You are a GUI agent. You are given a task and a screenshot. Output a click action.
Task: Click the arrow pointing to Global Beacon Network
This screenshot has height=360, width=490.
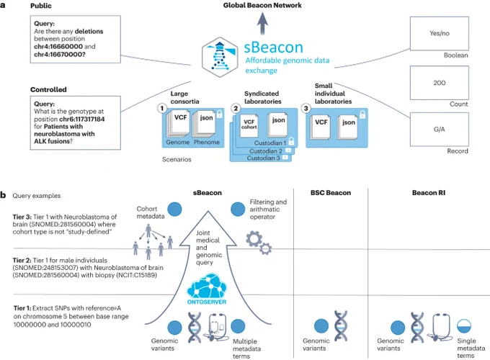pos(262,23)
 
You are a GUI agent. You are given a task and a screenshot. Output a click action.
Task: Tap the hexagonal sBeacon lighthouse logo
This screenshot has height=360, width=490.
pos(220,57)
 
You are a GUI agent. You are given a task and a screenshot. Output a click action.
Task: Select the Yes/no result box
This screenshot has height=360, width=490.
pos(439,33)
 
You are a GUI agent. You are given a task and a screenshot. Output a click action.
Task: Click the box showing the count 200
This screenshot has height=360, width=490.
pos(439,83)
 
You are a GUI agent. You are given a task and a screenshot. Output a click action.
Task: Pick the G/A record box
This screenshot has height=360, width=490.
pos(439,130)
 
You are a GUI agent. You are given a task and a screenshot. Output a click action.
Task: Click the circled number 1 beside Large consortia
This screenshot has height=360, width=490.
pos(162,109)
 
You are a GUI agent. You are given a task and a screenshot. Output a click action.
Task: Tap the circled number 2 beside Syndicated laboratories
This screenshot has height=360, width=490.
pos(236,108)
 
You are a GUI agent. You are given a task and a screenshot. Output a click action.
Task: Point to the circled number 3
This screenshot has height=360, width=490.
pos(306,108)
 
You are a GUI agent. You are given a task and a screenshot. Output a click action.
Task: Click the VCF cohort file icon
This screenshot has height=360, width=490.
pos(249,125)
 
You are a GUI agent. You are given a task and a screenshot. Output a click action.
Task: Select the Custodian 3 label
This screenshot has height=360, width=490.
pos(263,158)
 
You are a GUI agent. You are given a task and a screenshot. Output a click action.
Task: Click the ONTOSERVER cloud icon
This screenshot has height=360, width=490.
pos(207,288)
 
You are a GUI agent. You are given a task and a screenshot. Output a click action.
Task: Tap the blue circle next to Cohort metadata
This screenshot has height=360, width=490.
pos(174,210)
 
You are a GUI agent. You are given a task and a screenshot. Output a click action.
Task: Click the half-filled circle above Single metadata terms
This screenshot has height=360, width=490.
pos(464,326)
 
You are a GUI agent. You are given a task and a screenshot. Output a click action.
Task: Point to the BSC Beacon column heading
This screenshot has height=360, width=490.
pos(331,193)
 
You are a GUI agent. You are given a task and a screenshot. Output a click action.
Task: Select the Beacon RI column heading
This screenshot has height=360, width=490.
pos(429,193)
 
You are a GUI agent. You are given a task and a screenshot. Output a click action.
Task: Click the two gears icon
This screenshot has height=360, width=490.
pos(259,243)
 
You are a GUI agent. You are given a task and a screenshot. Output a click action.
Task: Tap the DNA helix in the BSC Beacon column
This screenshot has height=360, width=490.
pos(340,325)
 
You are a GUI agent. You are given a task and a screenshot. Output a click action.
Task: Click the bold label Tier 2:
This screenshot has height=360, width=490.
pos(22,261)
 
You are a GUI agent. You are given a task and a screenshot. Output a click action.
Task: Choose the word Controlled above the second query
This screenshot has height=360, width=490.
pos(48,89)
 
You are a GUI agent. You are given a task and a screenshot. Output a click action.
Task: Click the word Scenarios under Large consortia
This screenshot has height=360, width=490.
pos(177,160)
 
